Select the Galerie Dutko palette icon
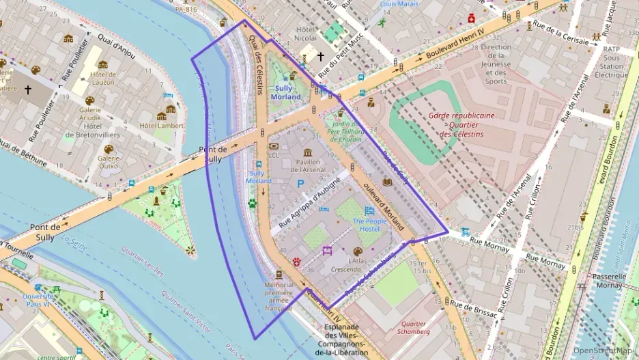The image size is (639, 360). point(109,149)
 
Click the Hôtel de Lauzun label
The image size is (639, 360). point(103,78)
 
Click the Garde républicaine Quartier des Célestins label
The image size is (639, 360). point(461,124)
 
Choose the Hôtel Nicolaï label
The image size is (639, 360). point(305,33)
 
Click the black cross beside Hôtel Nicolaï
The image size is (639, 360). point(321,57)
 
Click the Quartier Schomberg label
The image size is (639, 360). point(414,328)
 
